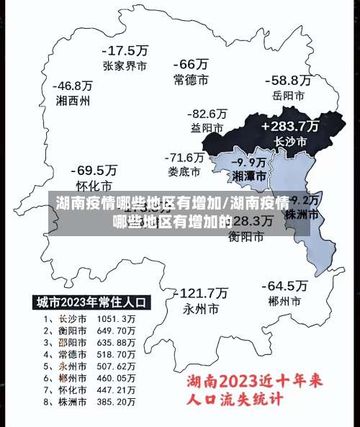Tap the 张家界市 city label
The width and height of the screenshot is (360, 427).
pos(125,66)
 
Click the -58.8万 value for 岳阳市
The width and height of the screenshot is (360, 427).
pos(287,80)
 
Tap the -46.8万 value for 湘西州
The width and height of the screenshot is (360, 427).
pos(73,86)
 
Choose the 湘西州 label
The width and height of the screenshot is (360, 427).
pos(73,101)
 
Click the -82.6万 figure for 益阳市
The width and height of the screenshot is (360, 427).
pos(207,114)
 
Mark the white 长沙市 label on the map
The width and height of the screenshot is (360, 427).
pos(291,142)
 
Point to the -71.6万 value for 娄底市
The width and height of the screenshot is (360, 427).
pos(185,157)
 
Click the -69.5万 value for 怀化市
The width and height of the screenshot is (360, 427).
pos(94,171)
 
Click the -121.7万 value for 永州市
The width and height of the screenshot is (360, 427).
pos(203,293)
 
